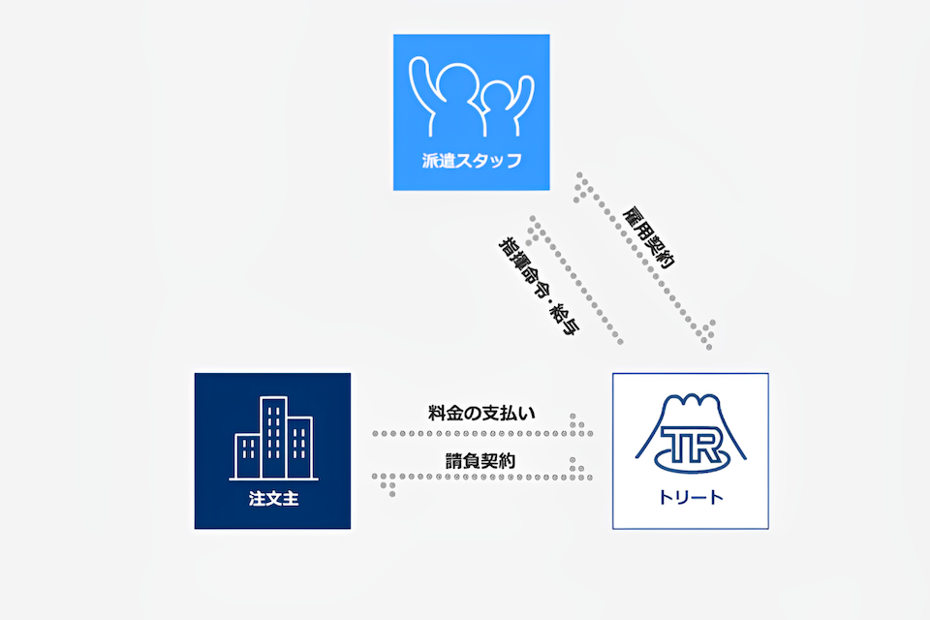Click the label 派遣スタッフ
pos(472,160)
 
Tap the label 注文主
pos(273,498)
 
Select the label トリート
pos(691,497)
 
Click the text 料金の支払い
pos(481,413)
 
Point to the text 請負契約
pos(480,461)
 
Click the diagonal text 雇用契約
pos(648,237)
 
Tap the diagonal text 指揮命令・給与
pos(539,286)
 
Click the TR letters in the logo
pos(691,445)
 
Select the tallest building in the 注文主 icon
pos(274,438)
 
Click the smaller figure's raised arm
pos(524,98)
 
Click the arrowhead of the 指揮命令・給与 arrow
pos(535,229)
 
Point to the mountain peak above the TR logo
pos(691,399)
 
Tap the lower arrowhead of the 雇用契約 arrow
pos(706,335)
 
